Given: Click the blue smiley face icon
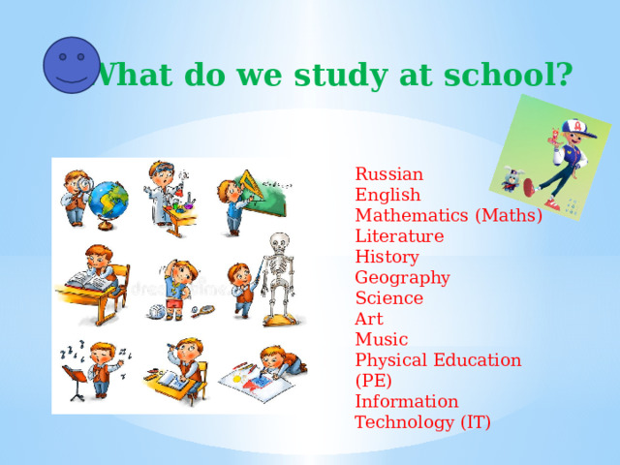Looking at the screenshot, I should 72,65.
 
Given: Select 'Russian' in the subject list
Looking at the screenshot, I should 389,174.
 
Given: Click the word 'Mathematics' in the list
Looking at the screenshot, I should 413,215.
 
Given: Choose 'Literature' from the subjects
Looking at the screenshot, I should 399,235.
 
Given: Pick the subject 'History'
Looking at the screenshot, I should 387,257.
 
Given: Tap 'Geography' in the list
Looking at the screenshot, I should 402,278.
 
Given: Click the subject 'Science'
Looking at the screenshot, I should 389,298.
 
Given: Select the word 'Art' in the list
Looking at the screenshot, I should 369,319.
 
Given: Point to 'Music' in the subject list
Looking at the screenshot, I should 382,339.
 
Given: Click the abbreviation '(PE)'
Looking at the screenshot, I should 374,381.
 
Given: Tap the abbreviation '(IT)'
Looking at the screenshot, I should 472,421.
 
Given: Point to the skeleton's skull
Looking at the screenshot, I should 280,245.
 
